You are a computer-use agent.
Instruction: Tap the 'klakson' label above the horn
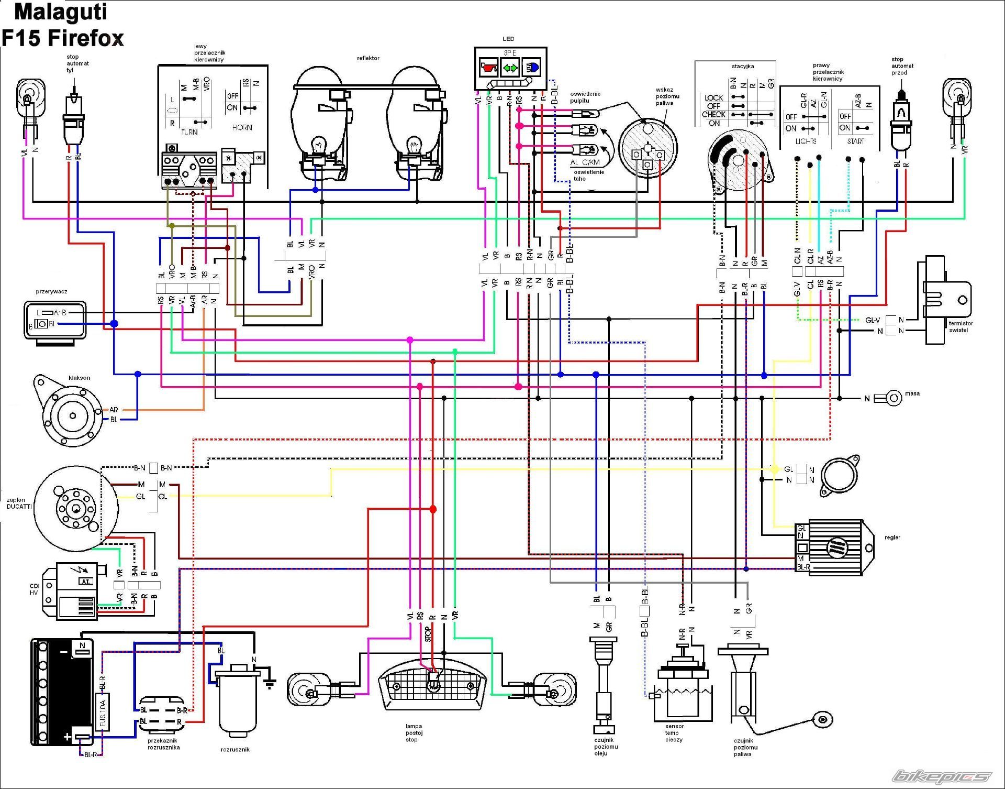click(x=79, y=378)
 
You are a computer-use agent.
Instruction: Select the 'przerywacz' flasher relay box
click(x=54, y=320)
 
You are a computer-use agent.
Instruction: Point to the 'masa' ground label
click(x=912, y=393)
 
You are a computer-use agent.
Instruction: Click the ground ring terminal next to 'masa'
click(x=894, y=398)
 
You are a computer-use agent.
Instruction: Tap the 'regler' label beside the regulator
click(x=892, y=538)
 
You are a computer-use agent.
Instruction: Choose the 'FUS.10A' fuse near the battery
click(x=103, y=713)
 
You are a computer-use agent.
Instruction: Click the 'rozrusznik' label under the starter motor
click(x=235, y=750)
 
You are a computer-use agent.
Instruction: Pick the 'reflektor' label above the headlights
click(x=368, y=58)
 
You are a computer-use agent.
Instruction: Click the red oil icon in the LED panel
click(x=488, y=68)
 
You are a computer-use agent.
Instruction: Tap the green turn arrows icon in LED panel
click(x=510, y=68)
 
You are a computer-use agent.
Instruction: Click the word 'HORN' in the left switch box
click(x=242, y=127)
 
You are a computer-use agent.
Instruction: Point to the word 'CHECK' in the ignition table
click(x=713, y=114)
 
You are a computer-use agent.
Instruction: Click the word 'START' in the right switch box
click(x=855, y=141)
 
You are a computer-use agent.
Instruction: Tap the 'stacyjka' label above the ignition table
click(x=743, y=67)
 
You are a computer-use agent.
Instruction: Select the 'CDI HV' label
click(x=34, y=589)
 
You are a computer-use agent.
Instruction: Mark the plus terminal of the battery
click(x=68, y=737)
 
